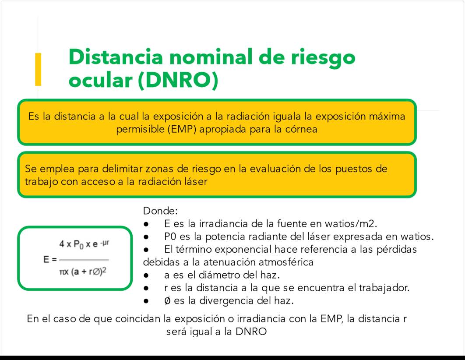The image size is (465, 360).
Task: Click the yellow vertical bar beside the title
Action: [38, 69]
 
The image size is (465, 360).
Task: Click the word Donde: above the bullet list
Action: [160, 211]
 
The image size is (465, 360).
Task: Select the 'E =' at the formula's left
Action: [50, 259]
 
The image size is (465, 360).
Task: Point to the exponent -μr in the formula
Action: [105, 243]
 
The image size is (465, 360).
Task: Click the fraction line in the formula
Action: [84, 260]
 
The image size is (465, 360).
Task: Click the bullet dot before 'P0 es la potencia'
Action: [146, 237]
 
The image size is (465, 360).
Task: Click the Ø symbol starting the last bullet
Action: [167, 301]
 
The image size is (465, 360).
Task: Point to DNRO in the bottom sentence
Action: [251, 331]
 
